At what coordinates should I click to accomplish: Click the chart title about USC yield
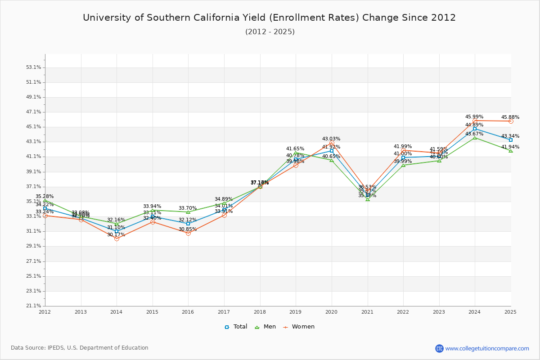coord(269,18)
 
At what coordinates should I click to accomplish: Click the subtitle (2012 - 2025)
coord(270,31)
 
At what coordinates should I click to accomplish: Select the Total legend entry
coord(236,327)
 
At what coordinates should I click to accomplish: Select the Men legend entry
coord(266,327)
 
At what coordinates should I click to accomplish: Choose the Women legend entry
coord(299,327)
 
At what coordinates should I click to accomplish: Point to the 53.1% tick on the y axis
coord(34,67)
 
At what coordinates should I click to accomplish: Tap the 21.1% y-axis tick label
coord(34,306)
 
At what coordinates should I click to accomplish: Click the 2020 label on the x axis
coord(331,311)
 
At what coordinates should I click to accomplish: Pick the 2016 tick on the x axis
coord(188,311)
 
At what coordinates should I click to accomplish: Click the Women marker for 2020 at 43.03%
coord(332,143)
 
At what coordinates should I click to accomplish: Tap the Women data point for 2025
coord(511,121)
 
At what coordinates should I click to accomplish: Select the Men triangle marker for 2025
coord(511,151)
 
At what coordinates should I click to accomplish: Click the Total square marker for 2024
coord(475,129)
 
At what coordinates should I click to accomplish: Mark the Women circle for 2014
coord(117,238)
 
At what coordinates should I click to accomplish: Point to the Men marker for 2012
coord(45,201)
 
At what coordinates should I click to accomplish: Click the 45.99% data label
coord(474,117)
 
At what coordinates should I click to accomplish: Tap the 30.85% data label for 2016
coord(188,229)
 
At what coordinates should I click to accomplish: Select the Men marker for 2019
coord(296,153)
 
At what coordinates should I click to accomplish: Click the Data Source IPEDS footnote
coord(80,348)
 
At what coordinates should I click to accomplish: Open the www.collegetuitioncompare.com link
coord(487,348)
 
